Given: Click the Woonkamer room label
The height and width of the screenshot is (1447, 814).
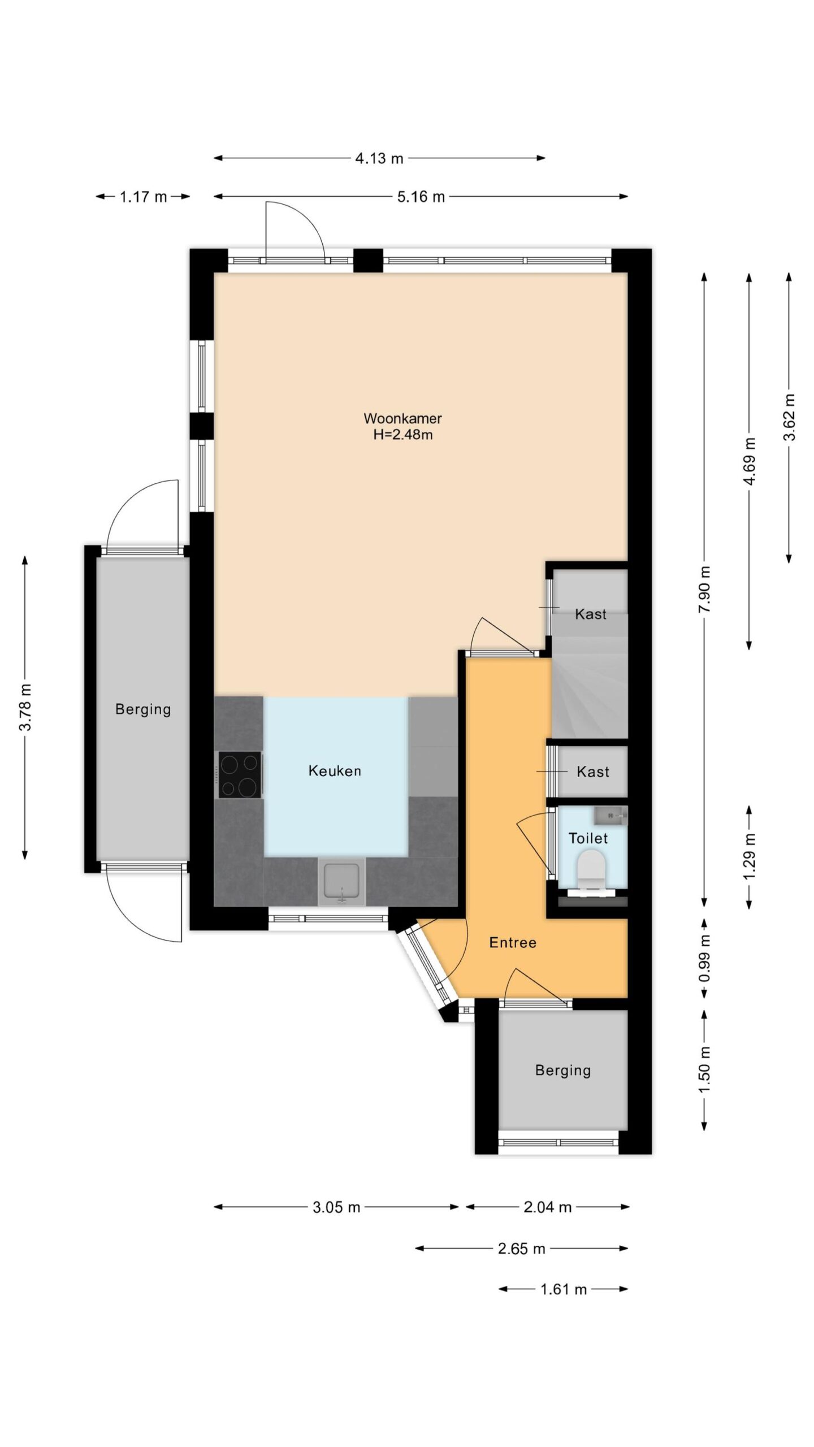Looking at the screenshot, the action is [x=402, y=418].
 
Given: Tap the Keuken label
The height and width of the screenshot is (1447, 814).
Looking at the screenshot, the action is [x=335, y=770].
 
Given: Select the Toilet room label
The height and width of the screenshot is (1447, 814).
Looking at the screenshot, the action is [x=588, y=838].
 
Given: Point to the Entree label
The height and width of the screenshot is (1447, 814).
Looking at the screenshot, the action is [x=513, y=942].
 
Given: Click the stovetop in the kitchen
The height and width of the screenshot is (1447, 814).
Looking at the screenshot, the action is [x=240, y=774].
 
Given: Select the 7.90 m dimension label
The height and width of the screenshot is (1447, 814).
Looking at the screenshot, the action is [x=704, y=589].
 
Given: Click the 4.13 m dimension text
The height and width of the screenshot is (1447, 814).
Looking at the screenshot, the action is [x=379, y=158].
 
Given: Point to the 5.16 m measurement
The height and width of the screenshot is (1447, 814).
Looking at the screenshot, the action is [x=421, y=197].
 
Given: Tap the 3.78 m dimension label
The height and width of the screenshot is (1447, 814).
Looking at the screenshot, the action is [x=25, y=707].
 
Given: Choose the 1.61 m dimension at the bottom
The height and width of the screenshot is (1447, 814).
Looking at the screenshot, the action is [x=564, y=1289].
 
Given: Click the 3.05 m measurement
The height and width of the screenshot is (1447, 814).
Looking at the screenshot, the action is [x=336, y=1207].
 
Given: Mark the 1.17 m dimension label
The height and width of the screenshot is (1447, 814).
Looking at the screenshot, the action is [x=144, y=197].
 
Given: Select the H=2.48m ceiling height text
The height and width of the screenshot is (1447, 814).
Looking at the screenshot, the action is [x=403, y=435].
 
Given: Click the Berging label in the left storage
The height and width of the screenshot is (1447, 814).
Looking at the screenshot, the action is [x=143, y=709].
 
